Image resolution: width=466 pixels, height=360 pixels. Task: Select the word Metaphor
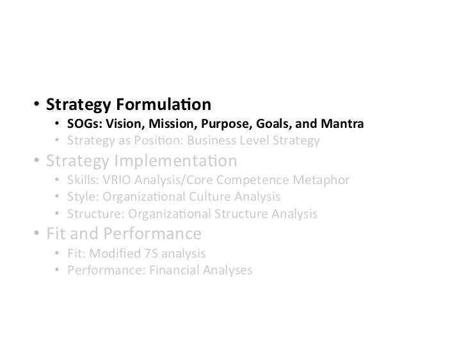click(x=323, y=180)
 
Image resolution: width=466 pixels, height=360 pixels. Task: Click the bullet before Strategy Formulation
click(x=37, y=104)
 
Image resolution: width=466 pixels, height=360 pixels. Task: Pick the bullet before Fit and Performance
click(x=37, y=233)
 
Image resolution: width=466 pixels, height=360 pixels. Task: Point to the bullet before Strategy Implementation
click(x=37, y=160)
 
